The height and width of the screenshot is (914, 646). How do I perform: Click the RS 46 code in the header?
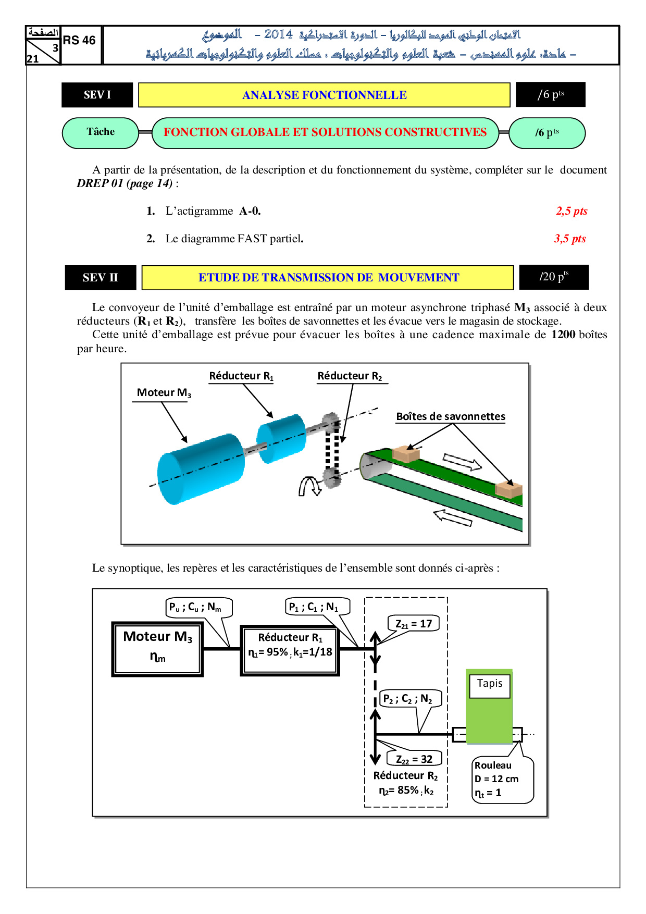(79, 41)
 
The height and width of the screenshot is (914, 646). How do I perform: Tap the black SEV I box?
(97, 95)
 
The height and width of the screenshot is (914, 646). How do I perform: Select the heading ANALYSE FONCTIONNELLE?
(324, 95)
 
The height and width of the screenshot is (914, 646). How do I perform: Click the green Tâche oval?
(101, 132)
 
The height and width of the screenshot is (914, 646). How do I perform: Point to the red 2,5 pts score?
(572, 211)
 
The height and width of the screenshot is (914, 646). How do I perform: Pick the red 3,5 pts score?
(570, 239)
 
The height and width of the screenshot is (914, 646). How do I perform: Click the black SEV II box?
(100, 278)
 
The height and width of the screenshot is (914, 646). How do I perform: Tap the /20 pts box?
(554, 277)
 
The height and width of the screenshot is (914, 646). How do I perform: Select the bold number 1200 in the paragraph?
(563, 335)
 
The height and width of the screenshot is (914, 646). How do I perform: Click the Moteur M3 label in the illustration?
(164, 393)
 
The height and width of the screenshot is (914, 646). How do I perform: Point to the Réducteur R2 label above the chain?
(350, 376)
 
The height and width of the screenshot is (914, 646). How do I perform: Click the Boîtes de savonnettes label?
(451, 416)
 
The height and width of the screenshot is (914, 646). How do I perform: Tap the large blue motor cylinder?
(201, 468)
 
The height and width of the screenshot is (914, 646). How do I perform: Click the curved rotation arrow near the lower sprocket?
(309, 486)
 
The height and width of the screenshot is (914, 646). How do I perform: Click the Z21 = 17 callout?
(413, 624)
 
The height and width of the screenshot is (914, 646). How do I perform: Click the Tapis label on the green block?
(490, 684)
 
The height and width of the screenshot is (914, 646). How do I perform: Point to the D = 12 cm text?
(496, 779)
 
